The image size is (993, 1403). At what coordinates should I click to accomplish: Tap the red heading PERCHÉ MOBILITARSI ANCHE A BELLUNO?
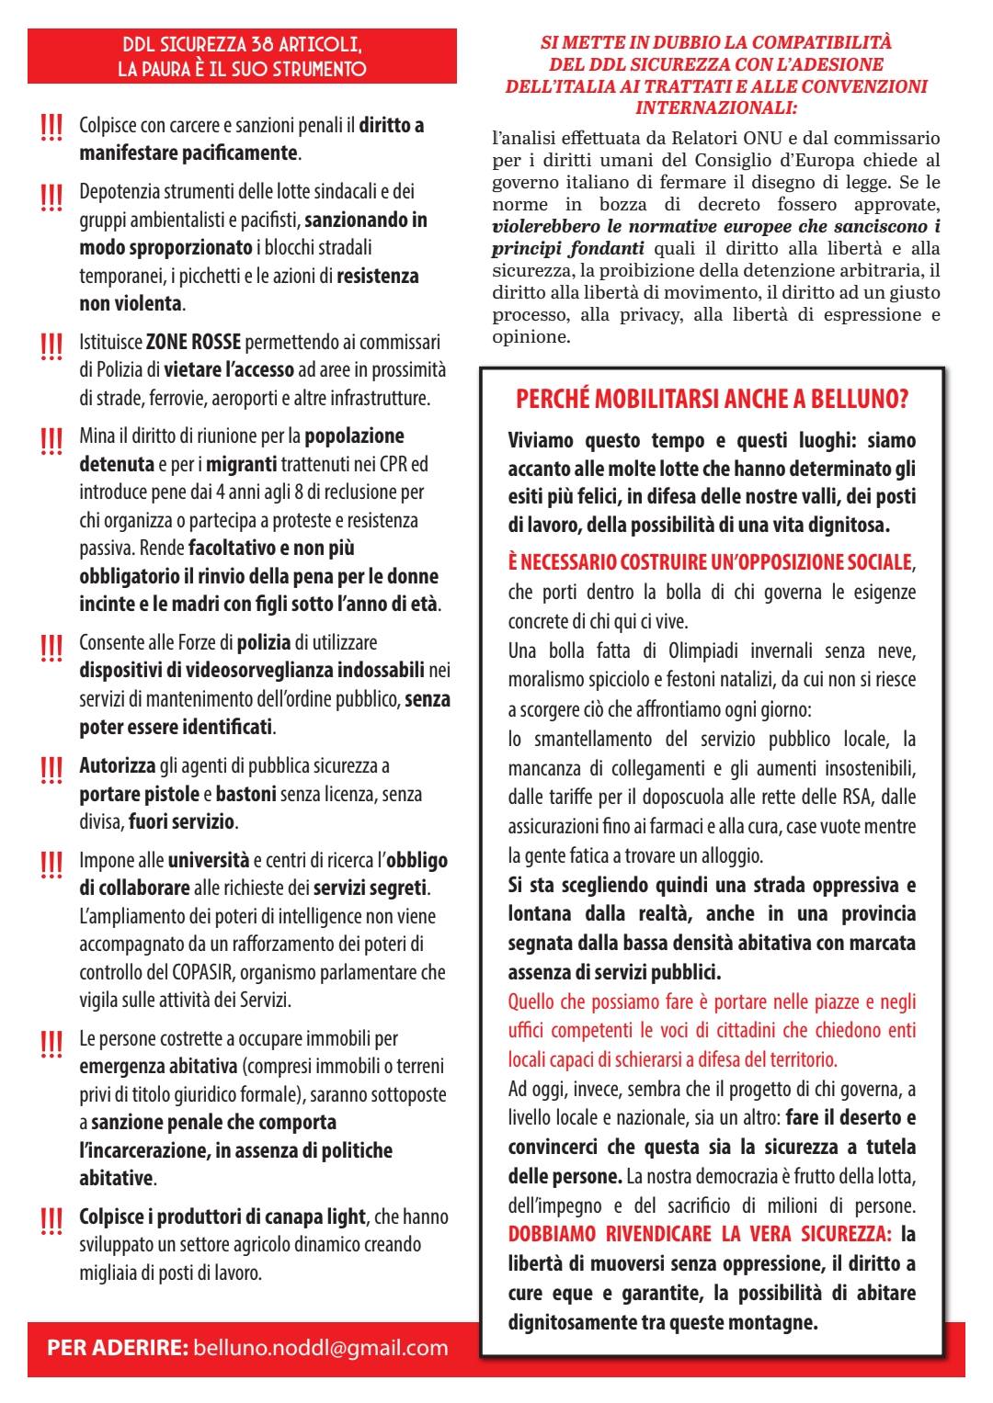click(x=713, y=401)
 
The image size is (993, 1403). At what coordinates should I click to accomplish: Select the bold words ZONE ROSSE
click(x=193, y=343)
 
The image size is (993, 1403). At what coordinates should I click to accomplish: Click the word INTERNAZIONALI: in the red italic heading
click(x=716, y=107)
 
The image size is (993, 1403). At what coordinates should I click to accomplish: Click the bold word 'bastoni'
click(x=249, y=794)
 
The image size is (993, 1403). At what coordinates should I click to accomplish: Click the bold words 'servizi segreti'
click(x=371, y=888)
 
